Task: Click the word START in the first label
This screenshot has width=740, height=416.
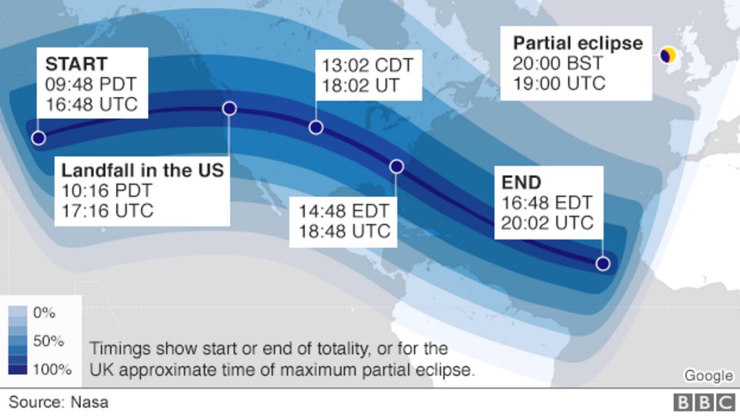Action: pyautogui.click(x=76, y=64)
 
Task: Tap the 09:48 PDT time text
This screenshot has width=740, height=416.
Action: pyautogui.click(x=90, y=83)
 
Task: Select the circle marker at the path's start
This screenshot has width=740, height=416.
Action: pyautogui.click(x=38, y=138)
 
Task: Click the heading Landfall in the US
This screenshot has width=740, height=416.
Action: pyautogui.click(x=143, y=170)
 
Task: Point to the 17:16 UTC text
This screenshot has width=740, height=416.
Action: pyautogui.click(x=107, y=210)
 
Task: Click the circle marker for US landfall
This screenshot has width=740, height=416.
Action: pyautogui.click(x=230, y=109)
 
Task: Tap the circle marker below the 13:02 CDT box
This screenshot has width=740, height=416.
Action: pyautogui.click(x=316, y=127)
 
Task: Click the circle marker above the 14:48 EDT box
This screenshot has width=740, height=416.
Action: pyautogui.click(x=396, y=167)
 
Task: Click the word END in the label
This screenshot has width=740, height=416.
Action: pyautogui.click(x=522, y=183)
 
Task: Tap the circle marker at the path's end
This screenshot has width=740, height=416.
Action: pyautogui.click(x=603, y=264)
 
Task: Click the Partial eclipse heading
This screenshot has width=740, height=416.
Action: pyautogui.click(x=578, y=43)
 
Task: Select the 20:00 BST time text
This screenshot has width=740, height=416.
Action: pyautogui.click(x=559, y=64)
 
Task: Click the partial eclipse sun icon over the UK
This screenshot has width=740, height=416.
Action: pyautogui.click(x=669, y=55)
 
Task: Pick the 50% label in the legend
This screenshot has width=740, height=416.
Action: pyautogui.click(x=48, y=341)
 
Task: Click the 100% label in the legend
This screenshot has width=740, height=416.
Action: pyautogui.click(x=52, y=370)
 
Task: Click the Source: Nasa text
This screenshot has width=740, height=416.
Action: pyautogui.click(x=58, y=402)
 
